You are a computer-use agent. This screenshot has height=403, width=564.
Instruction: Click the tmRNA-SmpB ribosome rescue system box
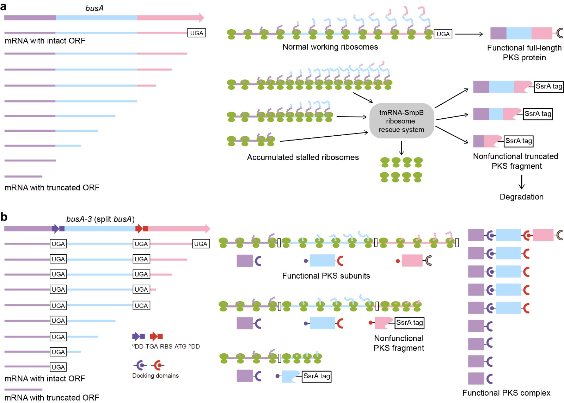click(401, 121)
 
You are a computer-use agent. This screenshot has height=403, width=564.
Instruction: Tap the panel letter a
click(4, 7)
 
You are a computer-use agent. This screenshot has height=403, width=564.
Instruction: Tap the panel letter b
click(4, 217)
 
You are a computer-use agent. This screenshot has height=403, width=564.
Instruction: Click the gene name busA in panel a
click(94, 8)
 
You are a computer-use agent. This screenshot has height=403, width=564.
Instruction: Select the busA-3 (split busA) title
click(100, 219)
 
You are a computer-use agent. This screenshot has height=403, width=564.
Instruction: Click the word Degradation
click(521, 197)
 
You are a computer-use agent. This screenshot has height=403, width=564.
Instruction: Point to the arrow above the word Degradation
click(522, 182)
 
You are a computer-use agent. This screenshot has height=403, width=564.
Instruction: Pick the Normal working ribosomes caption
click(330, 47)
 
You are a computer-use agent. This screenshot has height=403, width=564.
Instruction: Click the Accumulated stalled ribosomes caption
click(303, 157)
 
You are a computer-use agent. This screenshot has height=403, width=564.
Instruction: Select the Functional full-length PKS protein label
click(524, 52)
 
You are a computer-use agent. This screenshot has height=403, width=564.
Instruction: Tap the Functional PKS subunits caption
click(326, 276)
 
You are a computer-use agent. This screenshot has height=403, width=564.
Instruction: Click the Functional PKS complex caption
click(506, 393)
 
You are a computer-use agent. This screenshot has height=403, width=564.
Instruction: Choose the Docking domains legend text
click(155, 376)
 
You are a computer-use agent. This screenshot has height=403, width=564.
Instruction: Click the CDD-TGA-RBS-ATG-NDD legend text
click(166, 346)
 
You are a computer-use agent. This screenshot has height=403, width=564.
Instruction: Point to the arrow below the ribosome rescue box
click(401, 148)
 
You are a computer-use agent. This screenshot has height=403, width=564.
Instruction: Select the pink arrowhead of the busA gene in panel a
click(201, 17)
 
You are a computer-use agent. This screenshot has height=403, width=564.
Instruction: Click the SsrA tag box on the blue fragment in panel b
click(317, 376)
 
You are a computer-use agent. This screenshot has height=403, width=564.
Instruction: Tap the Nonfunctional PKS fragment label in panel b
click(399, 343)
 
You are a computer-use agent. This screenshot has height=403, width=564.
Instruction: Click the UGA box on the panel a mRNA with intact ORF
click(196, 33)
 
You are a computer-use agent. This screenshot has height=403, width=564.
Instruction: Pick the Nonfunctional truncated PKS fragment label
click(516, 161)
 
